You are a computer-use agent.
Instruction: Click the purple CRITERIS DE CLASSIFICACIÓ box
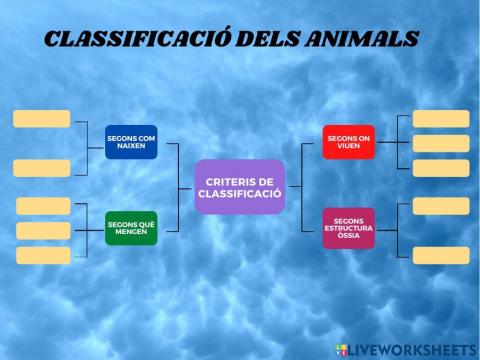240,186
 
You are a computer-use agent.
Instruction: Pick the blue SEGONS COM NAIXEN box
131,141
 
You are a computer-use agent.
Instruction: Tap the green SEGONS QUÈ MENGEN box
131,227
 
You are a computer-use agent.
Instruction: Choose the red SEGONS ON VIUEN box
348,141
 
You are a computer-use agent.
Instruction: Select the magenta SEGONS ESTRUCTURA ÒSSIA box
348,227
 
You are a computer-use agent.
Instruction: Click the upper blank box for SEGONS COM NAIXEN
42,119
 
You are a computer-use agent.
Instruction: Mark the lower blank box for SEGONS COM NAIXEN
42,168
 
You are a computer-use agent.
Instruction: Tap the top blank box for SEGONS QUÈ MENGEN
44,206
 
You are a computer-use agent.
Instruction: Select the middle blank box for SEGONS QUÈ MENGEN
44,231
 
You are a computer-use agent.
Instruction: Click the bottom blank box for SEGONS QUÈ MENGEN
44,256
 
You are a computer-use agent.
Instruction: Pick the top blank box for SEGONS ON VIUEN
441,119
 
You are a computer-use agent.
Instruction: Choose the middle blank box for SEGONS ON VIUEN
441,144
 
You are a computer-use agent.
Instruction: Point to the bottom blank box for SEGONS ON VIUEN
441,168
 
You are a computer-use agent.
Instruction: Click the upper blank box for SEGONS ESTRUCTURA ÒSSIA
441,206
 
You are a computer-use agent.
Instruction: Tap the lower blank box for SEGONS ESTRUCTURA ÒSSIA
441,255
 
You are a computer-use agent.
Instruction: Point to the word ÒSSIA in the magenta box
348,236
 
